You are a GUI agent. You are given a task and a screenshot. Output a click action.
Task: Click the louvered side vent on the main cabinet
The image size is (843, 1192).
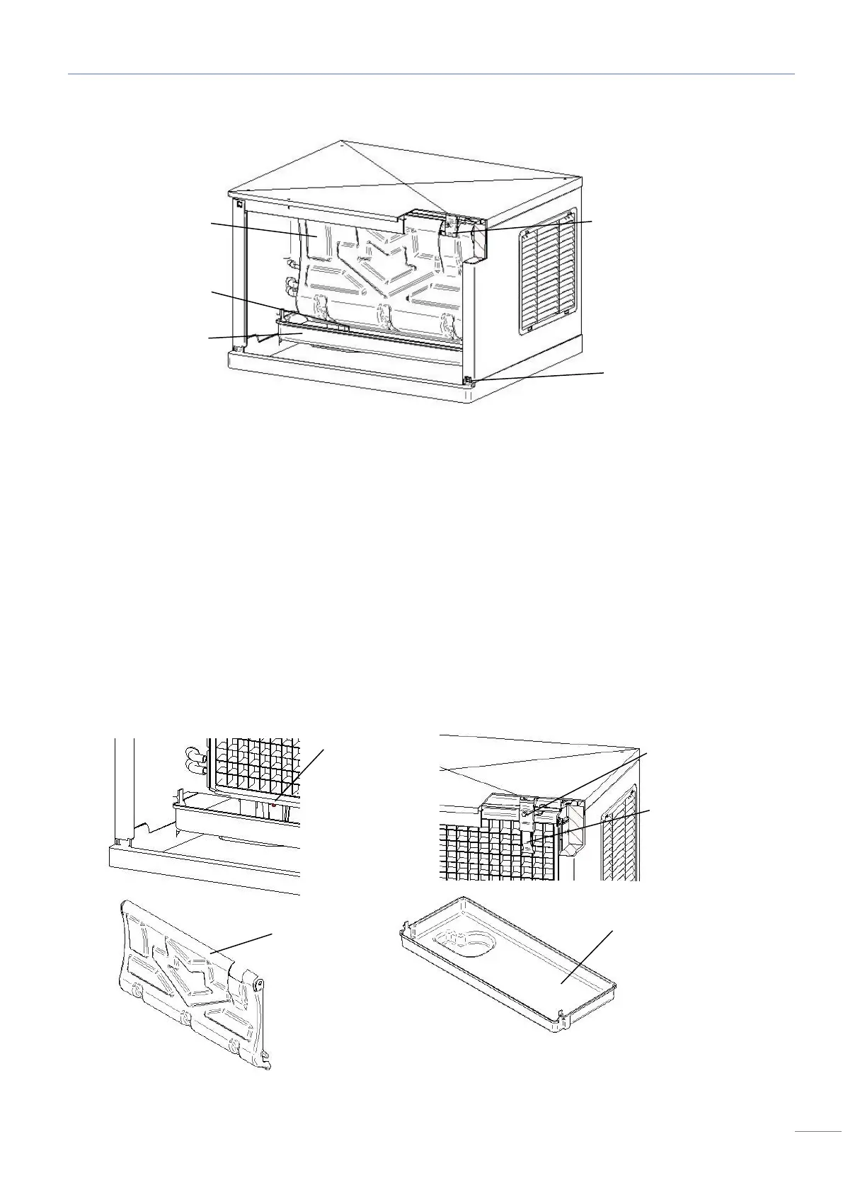546,273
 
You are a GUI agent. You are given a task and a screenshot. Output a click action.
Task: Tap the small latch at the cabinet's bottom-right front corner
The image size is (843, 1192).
468,382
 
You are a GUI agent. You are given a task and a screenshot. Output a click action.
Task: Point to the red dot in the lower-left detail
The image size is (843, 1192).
273,806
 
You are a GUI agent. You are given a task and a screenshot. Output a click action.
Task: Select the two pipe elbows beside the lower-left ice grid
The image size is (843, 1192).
193,760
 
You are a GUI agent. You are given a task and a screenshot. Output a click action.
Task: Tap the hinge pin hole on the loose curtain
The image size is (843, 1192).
259,983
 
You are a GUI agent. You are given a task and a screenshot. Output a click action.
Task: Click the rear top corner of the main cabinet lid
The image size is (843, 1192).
340,141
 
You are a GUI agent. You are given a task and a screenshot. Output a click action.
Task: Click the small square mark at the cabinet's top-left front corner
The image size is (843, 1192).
240,205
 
